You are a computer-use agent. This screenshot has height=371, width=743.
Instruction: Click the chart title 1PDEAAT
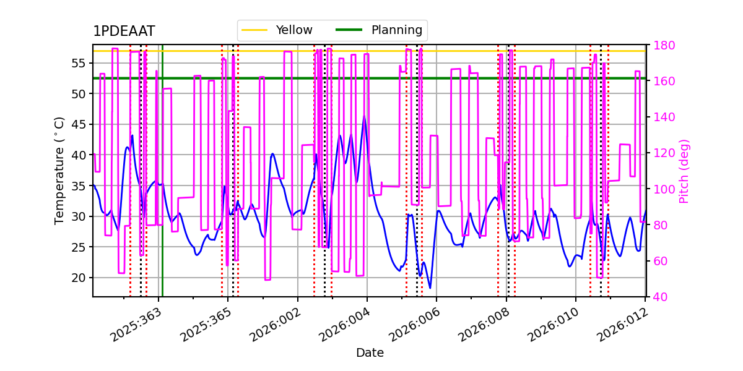click(124, 32)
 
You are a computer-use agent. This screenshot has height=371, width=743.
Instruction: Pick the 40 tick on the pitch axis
click(658, 297)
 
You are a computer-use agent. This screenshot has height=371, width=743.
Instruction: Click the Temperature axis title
click(59, 170)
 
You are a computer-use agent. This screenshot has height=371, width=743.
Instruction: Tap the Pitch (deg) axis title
click(684, 171)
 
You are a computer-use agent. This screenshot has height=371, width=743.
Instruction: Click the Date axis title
click(370, 353)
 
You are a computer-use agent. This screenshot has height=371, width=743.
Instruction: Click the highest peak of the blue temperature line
click(364, 116)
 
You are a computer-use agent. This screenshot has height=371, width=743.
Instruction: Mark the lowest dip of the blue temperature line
click(430, 288)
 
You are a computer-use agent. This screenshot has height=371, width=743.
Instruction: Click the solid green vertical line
click(162, 185)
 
